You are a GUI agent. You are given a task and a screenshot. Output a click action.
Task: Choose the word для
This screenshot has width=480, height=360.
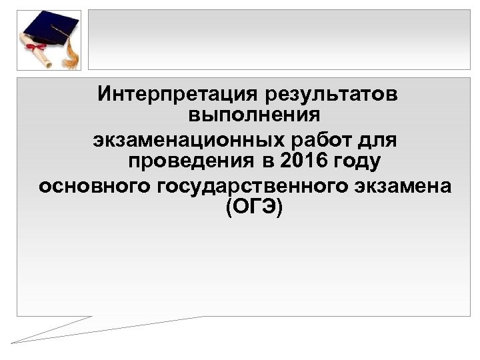pyautogui.click(x=381, y=141)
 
